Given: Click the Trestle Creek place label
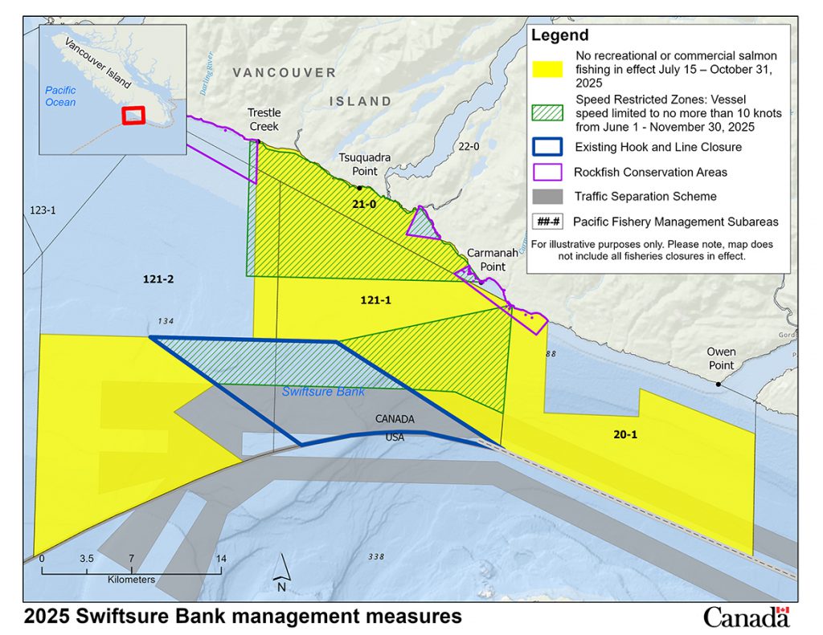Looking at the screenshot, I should coord(264,120).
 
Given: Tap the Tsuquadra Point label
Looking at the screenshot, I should coord(364,164).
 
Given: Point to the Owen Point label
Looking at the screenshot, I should coord(721,359).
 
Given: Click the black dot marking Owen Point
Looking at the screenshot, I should coord(719,385).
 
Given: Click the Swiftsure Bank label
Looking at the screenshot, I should coord(323,392).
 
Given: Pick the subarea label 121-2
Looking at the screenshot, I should coord(158,279).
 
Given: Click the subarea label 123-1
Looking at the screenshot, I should coord(36,210).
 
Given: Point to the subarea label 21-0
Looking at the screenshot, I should coord(364,204).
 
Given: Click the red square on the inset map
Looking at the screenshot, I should coord(133,115).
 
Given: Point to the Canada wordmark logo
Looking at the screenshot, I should coord(746,617).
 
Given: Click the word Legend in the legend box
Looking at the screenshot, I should coord(559,35).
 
